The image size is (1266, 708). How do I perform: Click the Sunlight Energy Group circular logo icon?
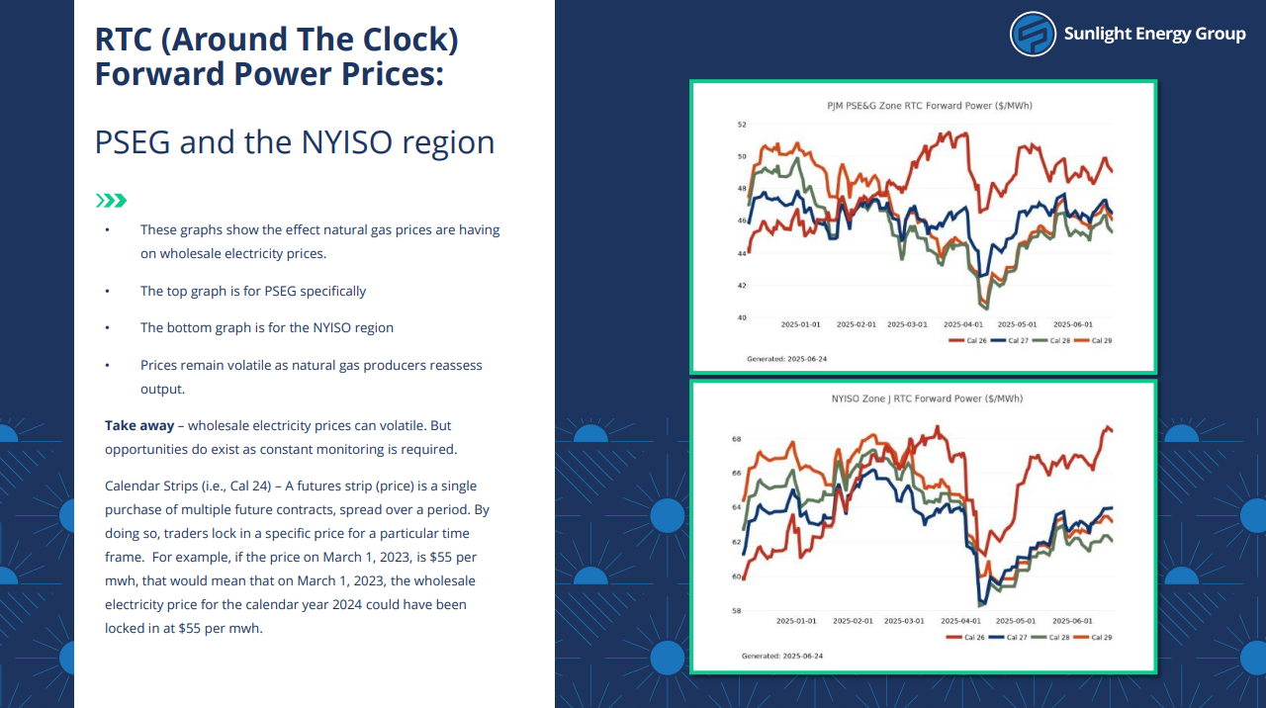click(x=1033, y=34)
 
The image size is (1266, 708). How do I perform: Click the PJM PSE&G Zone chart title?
click(x=930, y=106)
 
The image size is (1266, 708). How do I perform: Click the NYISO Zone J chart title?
click(x=927, y=398)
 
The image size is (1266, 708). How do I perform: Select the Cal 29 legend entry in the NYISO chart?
click(x=1093, y=638)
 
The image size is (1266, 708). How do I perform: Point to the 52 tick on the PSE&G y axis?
click(x=742, y=125)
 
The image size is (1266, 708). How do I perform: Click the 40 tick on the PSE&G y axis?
click(x=742, y=317)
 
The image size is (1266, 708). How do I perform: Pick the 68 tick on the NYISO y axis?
click(x=737, y=439)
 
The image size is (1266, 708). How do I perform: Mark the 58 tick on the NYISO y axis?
click(x=737, y=611)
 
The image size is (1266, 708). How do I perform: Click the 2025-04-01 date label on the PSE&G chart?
click(x=963, y=324)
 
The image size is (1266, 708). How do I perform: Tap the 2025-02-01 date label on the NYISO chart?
click(x=853, y=621)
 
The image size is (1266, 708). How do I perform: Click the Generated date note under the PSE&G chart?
click(x=786, y=359)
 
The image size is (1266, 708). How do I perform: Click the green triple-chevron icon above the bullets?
click(x=112, y=201)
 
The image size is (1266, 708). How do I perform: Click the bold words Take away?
click(x=139, y=425)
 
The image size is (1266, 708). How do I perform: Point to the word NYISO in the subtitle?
click(x=347, y=142)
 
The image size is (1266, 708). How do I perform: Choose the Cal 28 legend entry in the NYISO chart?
click(x=1050, y=638)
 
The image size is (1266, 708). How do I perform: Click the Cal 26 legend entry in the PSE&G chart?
click(x=967, y=341)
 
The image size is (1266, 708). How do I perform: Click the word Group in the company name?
click(x=1221, y=34)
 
